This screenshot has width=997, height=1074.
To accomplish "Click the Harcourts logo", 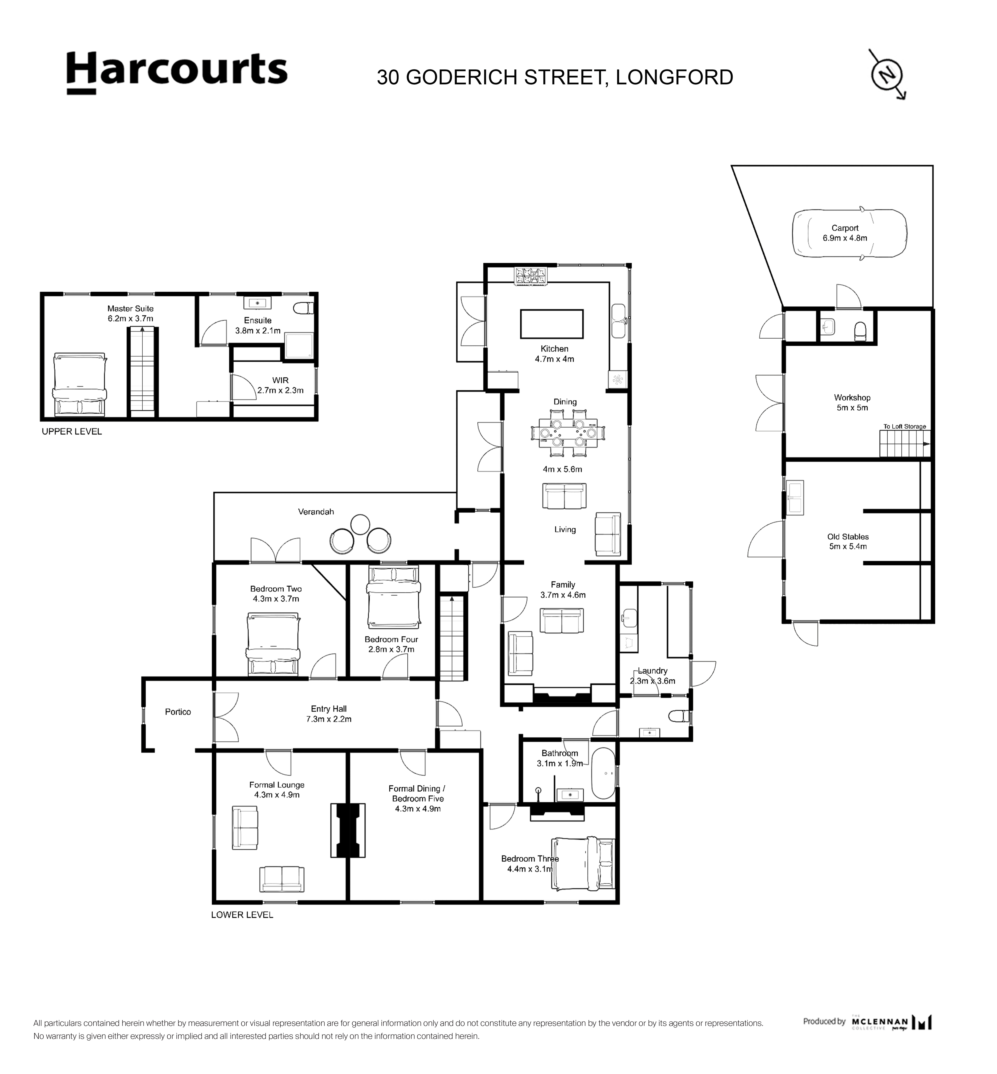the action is [x=177, y=73].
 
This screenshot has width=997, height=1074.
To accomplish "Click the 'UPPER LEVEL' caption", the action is [x=72, y=431].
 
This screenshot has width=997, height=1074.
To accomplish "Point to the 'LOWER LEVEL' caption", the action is [x=242, y=915].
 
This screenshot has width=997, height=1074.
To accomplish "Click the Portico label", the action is [x=178, y=712].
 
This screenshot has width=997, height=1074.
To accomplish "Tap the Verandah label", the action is [x=316, y=511].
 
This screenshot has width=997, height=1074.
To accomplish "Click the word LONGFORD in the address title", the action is [x=674, y=77].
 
